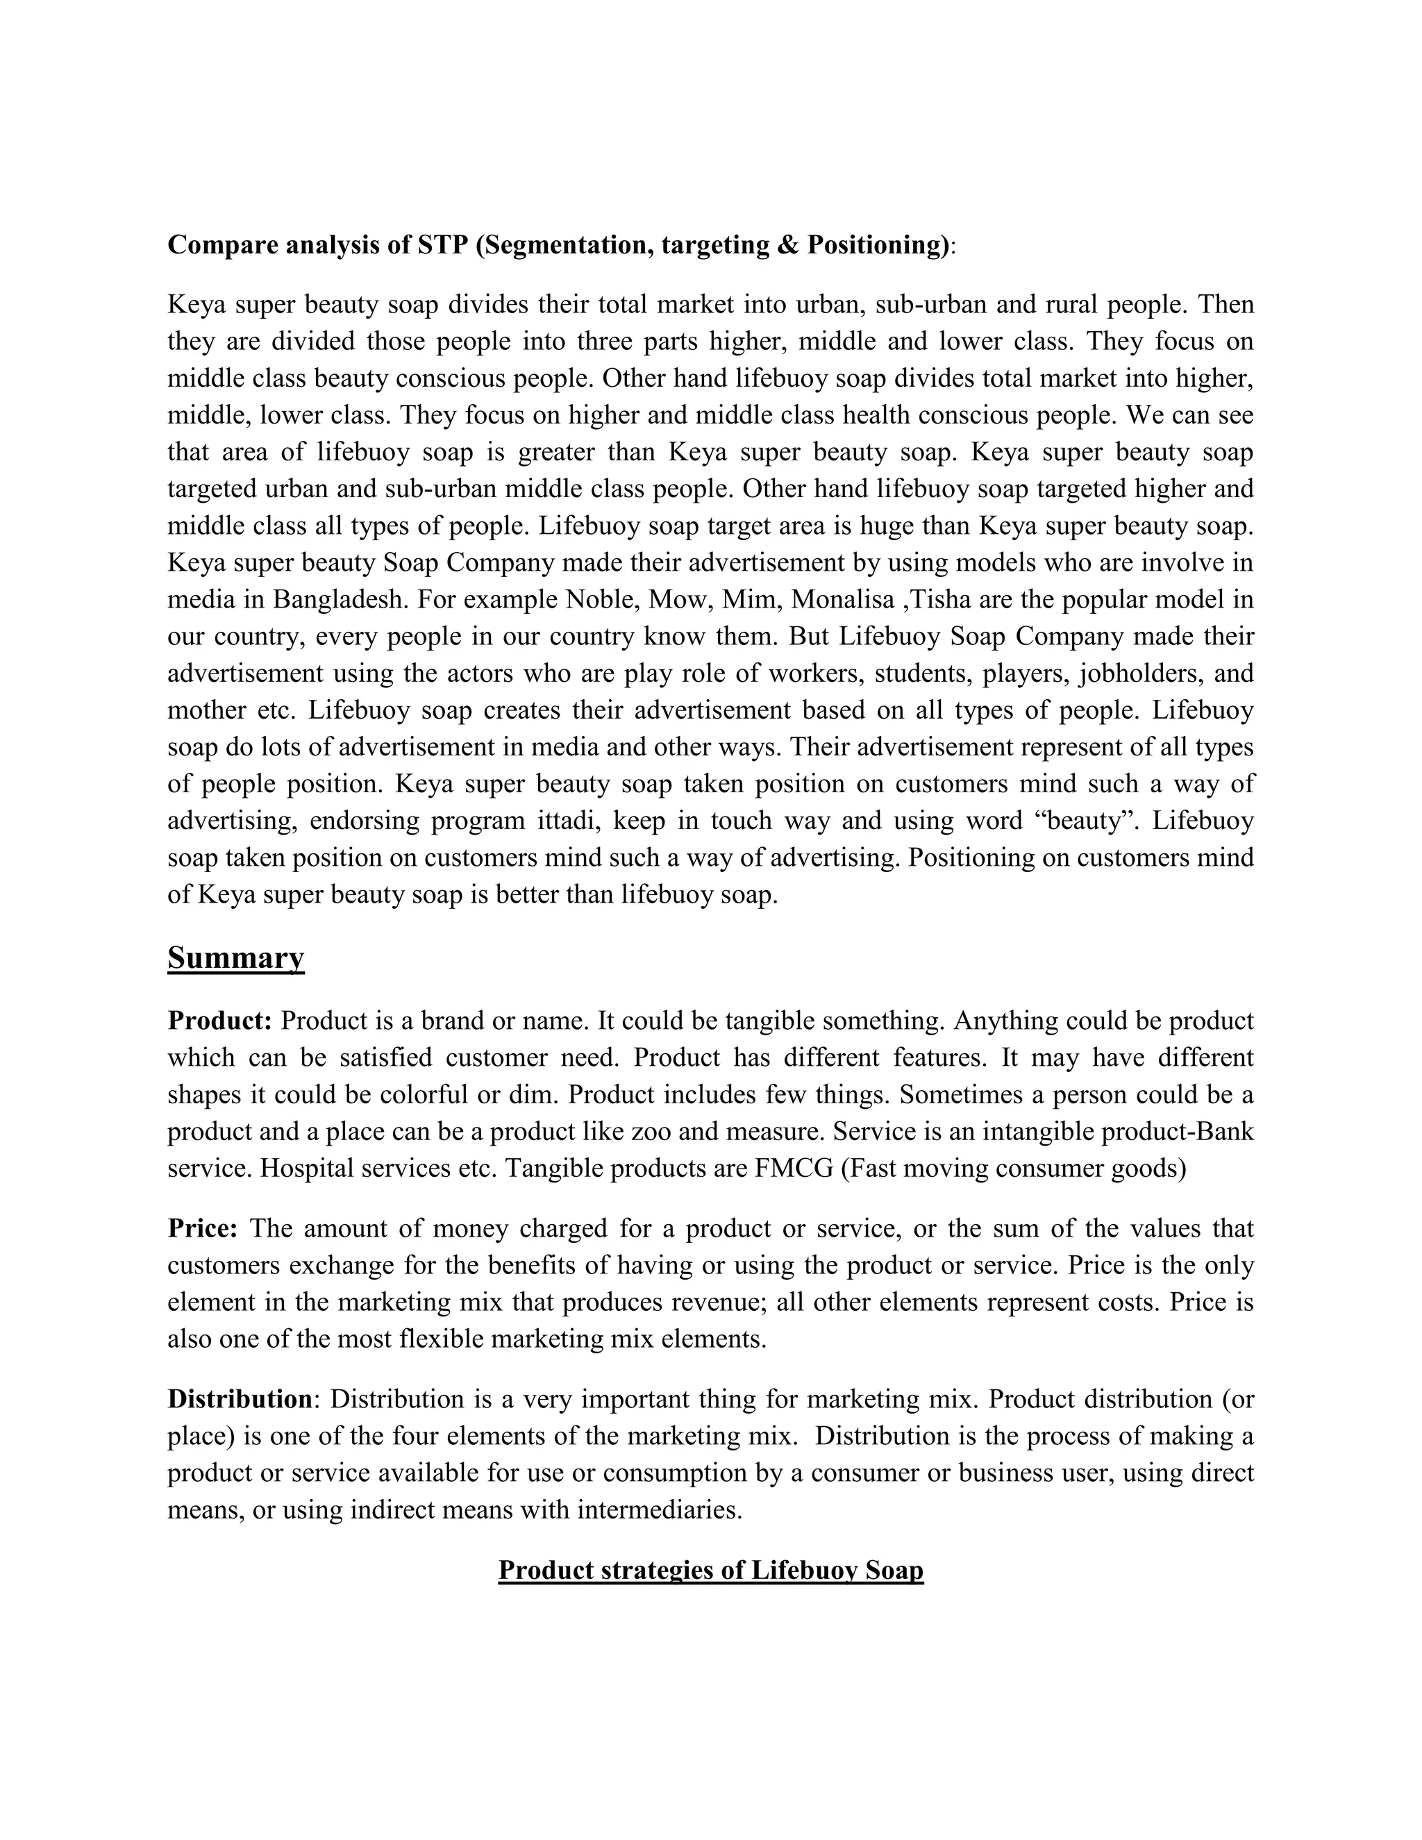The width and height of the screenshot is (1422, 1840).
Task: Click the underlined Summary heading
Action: [236, 958]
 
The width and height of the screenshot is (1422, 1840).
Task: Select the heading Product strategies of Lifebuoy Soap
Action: [710, 1571]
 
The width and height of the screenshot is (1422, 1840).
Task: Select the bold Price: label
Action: [203, 1228]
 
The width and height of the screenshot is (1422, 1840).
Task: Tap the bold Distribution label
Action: [240, 1399]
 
